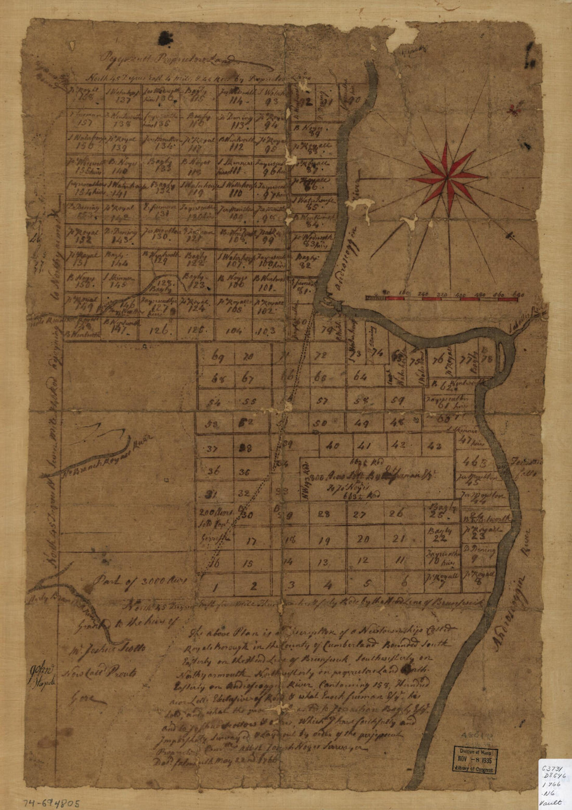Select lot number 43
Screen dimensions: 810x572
pos(436,445)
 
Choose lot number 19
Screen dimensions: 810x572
pos(324,541)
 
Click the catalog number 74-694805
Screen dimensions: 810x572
pos(52,802)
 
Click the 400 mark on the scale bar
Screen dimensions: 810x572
pos(460,295)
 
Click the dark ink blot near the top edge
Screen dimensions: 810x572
pos(166,36)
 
